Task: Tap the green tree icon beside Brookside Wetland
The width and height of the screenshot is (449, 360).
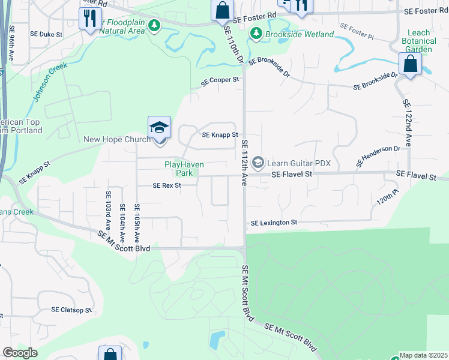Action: tap(256, 34)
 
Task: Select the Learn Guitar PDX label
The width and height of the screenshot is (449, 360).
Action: tap(298, 163)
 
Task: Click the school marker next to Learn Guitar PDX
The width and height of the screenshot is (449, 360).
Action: tap(258, 163)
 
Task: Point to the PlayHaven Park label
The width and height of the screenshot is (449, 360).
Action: tap(184, 169)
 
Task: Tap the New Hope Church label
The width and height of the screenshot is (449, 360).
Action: tap(118, 140)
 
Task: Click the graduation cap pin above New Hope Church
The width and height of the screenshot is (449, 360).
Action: tap(159, 128)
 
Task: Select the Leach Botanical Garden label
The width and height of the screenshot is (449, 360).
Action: tap(419, 41)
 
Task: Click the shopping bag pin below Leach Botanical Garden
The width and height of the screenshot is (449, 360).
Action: tap(409, 64)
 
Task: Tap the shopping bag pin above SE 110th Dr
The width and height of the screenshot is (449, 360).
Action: tap(222, 10)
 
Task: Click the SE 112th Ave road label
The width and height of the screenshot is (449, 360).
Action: tap(245, 164)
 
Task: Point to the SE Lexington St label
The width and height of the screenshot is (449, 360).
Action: tap(274, 223)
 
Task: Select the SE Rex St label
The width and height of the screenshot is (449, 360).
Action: tap(167, 186)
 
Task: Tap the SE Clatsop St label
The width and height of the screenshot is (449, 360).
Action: tap(71, 310)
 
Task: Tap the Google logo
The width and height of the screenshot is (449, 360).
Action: tap(20, 353)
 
